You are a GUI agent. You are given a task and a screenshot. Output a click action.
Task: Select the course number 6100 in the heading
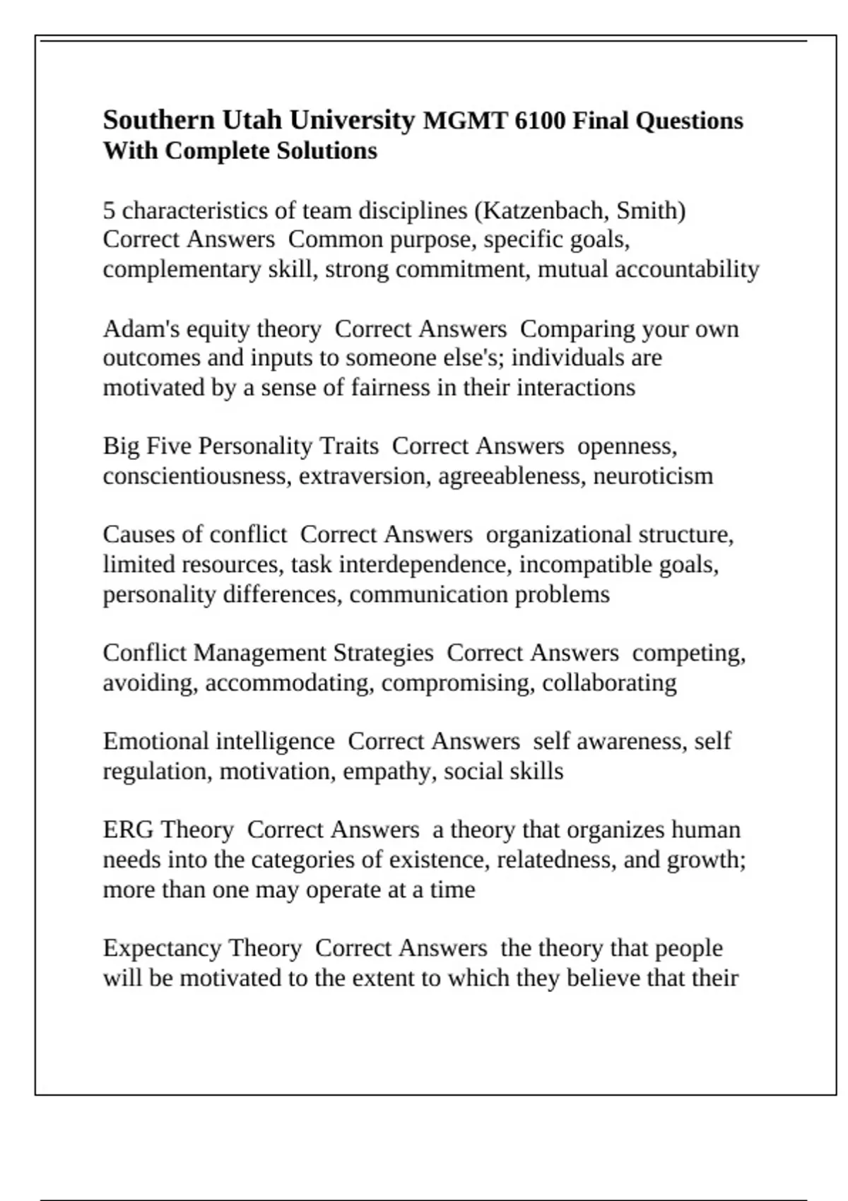(540, 121)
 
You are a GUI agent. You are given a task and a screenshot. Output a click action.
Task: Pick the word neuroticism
(653, 476)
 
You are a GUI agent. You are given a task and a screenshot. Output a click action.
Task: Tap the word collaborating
(609, 683)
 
